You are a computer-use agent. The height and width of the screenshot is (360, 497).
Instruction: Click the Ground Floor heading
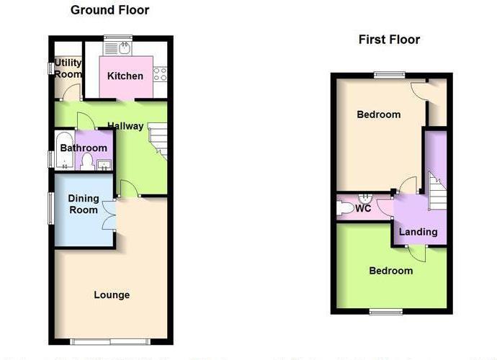pyautogui.click(x=109, y=10)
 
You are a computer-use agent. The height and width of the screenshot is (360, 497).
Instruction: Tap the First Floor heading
pyautogui.click(x=389, y=40)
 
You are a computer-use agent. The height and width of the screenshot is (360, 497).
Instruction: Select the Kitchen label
pyautogui.click(x=125, y=76)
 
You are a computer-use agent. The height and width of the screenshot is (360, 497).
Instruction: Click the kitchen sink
pyautogui.click(x=125, y=48)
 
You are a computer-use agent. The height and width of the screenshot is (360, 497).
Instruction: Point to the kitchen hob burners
pyautogui.click(x=162, y=73)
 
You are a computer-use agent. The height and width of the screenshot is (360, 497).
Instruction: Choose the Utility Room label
pyautogui.click(x=68, y=68)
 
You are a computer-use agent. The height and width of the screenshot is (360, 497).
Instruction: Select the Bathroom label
pyautogui.click(x=84, y=148)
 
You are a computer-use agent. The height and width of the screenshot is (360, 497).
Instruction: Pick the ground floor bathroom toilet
pyautogui.click(x=86, y=161)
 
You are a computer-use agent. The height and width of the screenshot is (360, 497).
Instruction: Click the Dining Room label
pyautogui.click(x=83, y=204)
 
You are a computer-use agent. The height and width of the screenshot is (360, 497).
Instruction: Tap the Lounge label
pyautogui.click(x=112, y=294)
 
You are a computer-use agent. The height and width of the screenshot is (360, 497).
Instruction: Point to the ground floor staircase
pyautogui.click(x=158, y=140)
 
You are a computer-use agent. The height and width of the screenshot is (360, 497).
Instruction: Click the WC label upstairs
pyautogui.click(x=364, y=209)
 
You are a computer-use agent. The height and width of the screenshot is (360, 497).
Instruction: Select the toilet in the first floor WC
pyautogui.click(x=346, y=208)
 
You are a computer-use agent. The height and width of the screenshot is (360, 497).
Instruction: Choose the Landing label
pyautogui.click(x=418, y=232)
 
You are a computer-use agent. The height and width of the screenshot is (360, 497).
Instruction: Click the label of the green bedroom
pyautogui.click(x=391, y=271)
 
